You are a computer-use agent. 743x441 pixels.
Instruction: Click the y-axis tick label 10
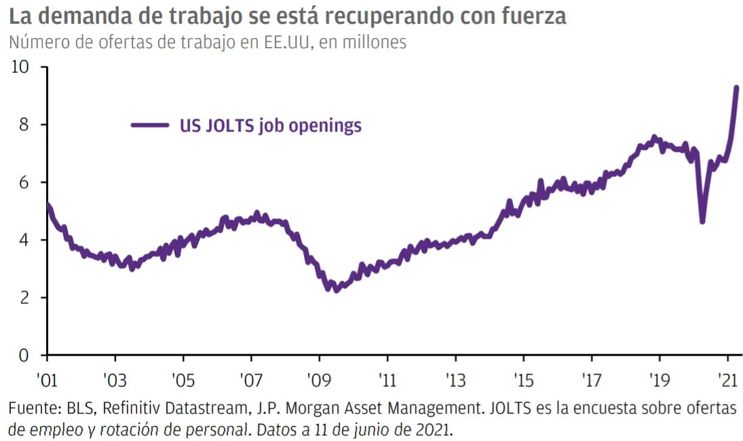click(x=20, y=66)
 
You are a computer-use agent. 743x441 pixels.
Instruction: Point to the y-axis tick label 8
click(x=24, y=125)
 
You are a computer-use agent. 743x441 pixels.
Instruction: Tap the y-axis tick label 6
click(x=24, y=183)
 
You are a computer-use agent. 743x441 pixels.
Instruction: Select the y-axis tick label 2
click(x=24, y=297)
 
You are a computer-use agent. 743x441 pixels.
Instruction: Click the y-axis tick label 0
click(x=24, y=356)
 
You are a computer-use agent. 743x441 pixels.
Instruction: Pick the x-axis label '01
click(x=47, y=380)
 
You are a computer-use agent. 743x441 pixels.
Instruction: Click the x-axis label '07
click(x=250, y=380)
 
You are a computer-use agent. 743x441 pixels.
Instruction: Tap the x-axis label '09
click(x=319, y=380)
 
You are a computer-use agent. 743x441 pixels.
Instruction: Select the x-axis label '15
click(x=523, y=380)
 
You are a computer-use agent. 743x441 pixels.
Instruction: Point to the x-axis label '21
click(x=727, y=380)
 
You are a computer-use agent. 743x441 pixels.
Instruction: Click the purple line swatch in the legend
click(x=150, y=125)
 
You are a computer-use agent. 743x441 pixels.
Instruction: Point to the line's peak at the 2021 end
click(x=736, y=88)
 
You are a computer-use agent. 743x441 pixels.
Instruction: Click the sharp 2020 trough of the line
click(x=702, y=221)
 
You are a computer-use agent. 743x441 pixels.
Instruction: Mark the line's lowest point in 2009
click(x=337, y=290)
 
